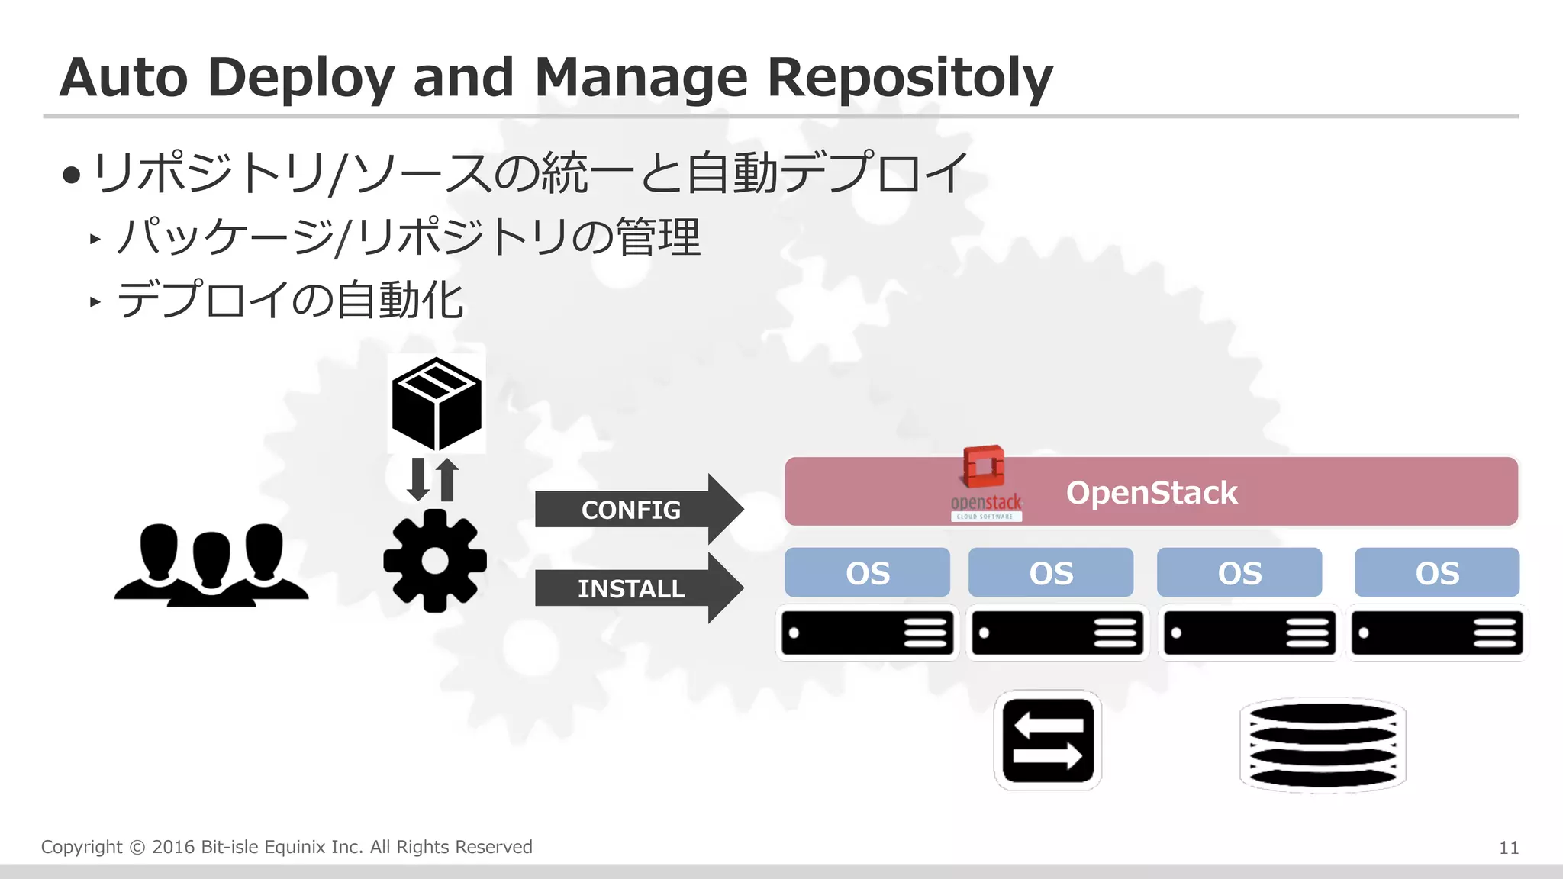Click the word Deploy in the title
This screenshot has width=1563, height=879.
tap(300, 78)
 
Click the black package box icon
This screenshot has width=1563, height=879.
tap(437, 402)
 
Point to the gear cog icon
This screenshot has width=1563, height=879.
tap(435, 561)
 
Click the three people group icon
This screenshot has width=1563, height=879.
tap(211, 565)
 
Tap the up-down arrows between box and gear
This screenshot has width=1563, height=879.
tap(433, 480)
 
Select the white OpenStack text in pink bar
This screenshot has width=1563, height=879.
tap(1151, 493)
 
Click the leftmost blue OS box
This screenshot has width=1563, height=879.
tap(867, 572)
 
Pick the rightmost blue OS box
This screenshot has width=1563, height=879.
tap(1436, 572)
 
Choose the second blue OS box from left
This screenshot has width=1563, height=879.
tap(1050, 572)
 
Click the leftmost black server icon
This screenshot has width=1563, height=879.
tap(867, 633)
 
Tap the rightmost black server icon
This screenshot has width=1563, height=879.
tap(1436, 633)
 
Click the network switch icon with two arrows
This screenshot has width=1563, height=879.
tap(1047, 740)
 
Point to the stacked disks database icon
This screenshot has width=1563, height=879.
tap(1323, 745)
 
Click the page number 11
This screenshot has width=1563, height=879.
tap(1508, 848)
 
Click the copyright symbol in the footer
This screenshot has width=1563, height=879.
tap(137, 848)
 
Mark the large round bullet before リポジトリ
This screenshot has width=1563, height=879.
tap(72, 175)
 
